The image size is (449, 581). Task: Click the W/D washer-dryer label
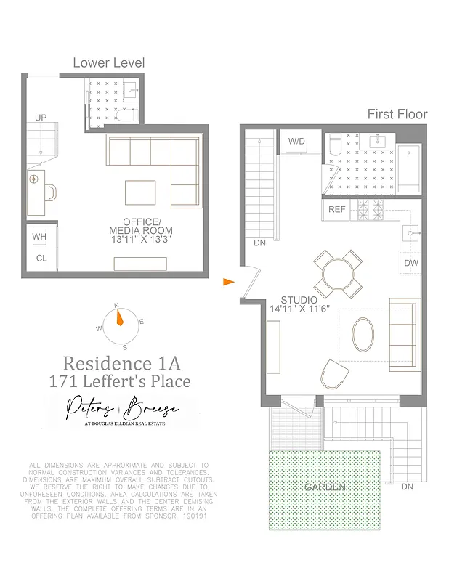(x=297, y=141)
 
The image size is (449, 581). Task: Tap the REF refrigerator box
(x=337, y=210)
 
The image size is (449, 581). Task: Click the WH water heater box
(x=40, y=237)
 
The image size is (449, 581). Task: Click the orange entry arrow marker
(x=228, y=282)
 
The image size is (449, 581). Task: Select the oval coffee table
(x=365, y=335)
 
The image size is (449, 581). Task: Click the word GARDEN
(x=325, y=487)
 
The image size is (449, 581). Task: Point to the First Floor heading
(x=397, y=114)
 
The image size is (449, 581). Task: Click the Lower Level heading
(x=108, y=63)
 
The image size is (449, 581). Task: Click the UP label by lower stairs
(x=41, y=117)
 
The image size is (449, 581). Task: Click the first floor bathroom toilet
(x=336, y=147)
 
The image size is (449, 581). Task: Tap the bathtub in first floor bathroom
(x=409, y=167)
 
